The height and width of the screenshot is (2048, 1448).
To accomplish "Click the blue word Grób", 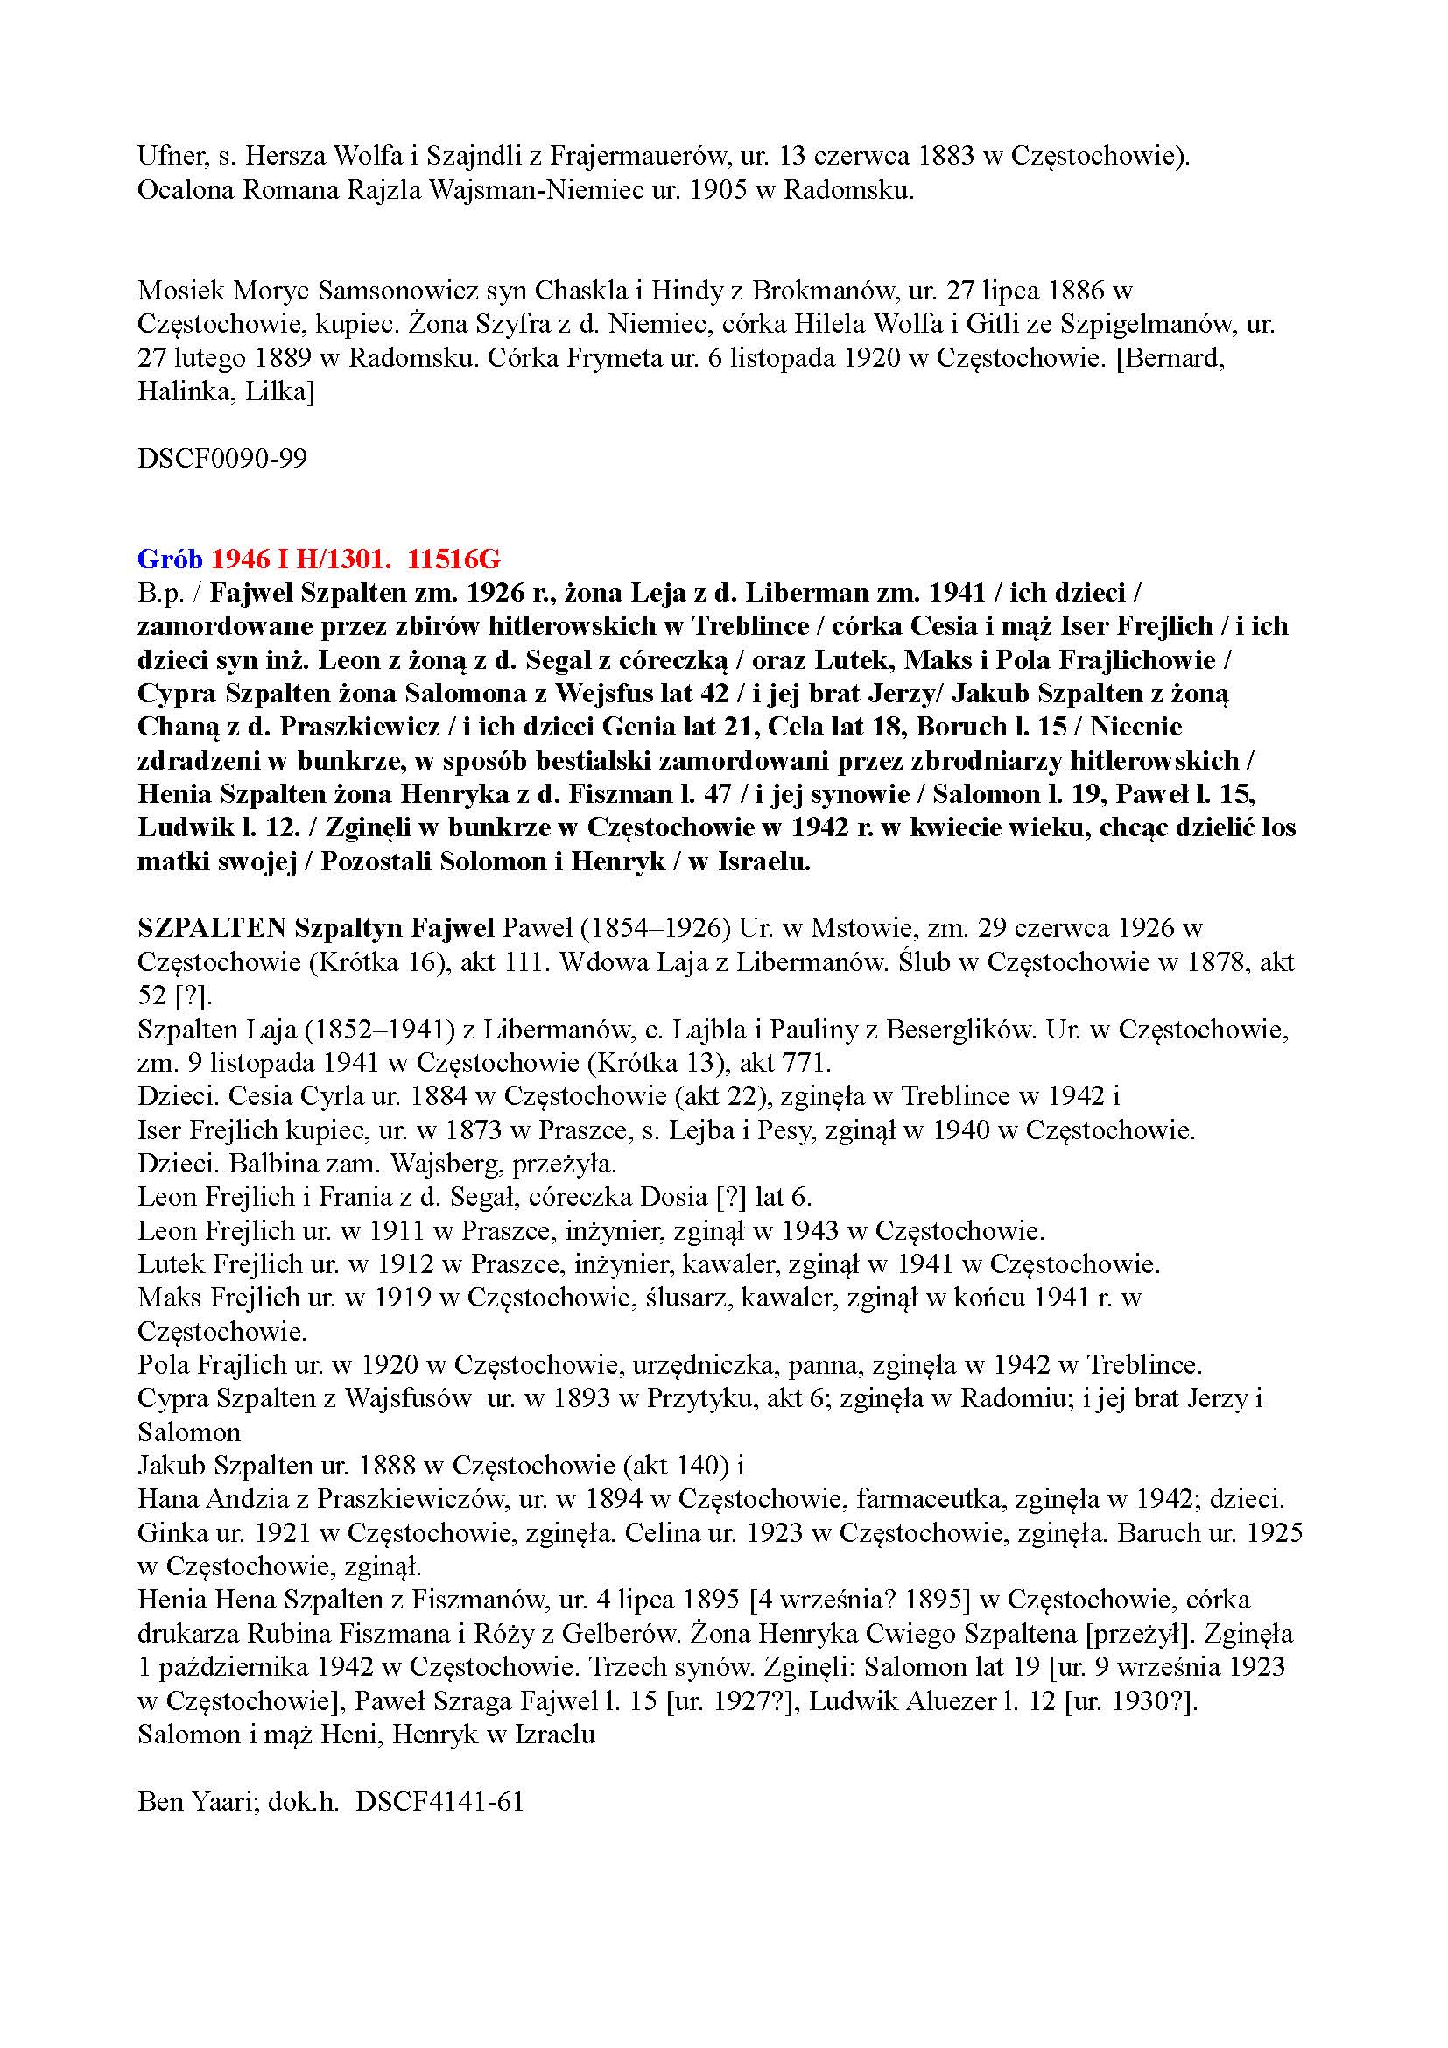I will (171, 560).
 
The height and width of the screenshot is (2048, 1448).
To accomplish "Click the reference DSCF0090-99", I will (222, 459).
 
